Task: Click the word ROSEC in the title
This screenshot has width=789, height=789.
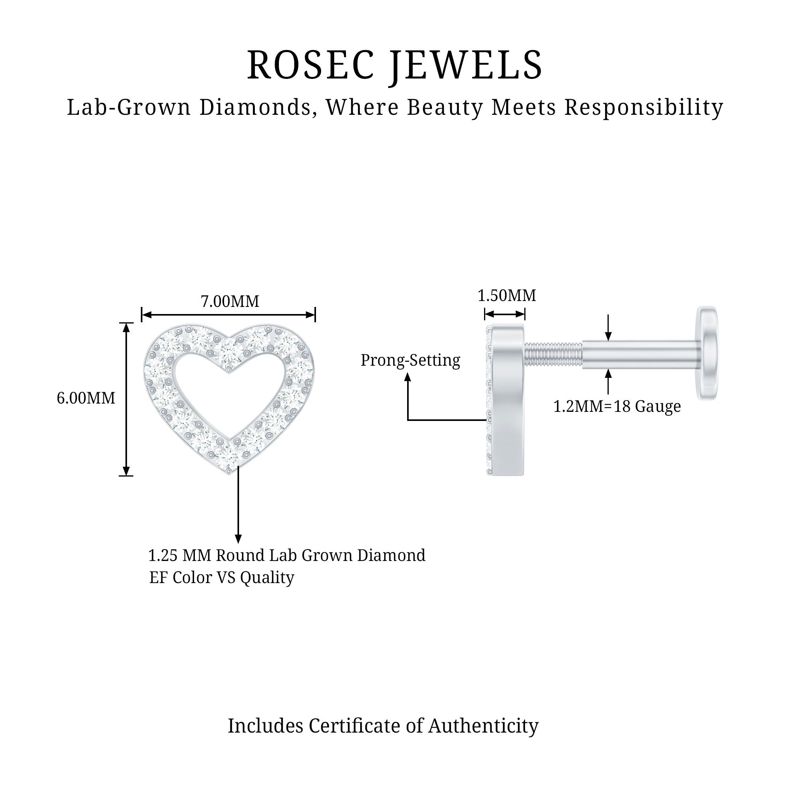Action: (x=310, y=65)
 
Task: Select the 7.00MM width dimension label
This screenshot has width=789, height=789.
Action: (x=230, y=301)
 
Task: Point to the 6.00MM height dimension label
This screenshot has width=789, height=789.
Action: (x=86, y=398)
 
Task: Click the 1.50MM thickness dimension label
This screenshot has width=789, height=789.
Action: (x=507, y=295)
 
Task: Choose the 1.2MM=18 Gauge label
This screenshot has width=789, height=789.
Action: (x=617, y=406)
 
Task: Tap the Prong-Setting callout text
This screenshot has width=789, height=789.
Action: (x=410, y=360)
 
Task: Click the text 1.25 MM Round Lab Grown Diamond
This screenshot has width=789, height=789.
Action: (x=287, y=555)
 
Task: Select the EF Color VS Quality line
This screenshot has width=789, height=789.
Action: (x=222, y=578)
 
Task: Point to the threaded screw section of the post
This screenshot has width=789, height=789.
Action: (x=553, y=355)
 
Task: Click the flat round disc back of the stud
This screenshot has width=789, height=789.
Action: (x=707, y=353)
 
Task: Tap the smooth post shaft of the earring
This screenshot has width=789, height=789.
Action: (x=640, y=355)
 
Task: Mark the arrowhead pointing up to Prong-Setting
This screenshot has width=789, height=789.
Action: (x=408, y=378)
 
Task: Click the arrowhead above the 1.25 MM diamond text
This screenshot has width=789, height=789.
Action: (x=238, y=539)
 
